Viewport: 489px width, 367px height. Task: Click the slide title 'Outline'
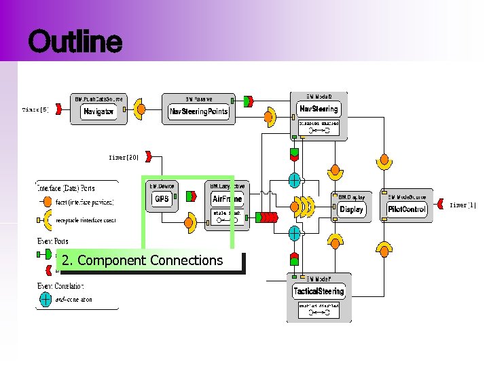coord(75,42)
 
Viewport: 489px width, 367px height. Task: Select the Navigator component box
coord(99,111)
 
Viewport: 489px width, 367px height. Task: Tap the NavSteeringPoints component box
coord(199,111)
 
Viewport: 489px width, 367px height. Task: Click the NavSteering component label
coord(319,109)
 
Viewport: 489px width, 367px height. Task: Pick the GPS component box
coord(162,199)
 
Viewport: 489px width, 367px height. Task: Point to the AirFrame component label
coord(227,199)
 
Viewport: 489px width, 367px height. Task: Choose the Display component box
coord(351,209)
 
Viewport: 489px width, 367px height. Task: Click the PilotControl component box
coord(407,209)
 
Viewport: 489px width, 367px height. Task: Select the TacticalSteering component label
coord(319,291)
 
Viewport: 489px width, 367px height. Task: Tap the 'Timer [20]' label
coord(124,158)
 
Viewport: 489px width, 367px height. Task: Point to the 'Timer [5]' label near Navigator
coord(35,109)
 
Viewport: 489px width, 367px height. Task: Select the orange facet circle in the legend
coord(46,202)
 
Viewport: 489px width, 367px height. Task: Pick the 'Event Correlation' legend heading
coord(61,286)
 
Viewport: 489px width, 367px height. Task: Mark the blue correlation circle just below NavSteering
coord(294,180)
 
